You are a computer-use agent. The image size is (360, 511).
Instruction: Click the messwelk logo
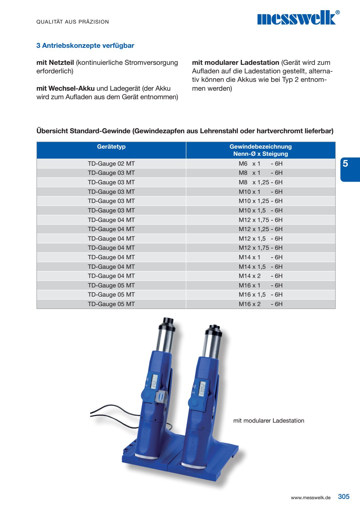[298, 18]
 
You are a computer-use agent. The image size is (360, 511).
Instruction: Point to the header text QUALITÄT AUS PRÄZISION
[72, 22]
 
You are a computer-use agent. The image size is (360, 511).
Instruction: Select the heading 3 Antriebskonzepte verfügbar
[85, 46]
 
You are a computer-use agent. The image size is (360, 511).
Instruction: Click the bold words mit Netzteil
[55, 63]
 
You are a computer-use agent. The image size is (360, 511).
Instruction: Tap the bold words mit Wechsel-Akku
[65, 88]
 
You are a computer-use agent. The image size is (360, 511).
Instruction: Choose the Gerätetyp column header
[111, 147]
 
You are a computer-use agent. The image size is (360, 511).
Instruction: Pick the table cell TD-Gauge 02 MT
[111, 164]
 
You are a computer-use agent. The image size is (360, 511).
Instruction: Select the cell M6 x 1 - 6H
[261, 164]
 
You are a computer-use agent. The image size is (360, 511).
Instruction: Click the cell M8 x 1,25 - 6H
[261, 182]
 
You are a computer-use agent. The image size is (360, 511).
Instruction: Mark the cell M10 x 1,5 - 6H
[261, 210]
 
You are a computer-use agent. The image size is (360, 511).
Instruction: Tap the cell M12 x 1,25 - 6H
[261, 229]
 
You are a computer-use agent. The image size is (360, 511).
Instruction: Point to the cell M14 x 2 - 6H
[261, 276]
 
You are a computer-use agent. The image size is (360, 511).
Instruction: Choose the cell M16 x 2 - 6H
[261, 304]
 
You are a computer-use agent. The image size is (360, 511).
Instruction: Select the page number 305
[344, 497]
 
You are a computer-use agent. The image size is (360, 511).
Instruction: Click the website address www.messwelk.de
[311, 498]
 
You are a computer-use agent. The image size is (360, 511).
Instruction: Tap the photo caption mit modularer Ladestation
[269, 421]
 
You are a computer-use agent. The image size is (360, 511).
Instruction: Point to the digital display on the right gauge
[202, 389]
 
